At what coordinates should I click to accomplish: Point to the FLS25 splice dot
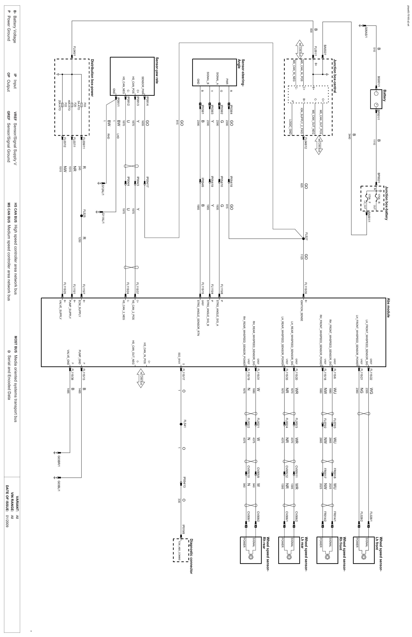81,216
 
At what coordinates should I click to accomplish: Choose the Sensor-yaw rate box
132,76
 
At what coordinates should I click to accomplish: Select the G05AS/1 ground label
366,31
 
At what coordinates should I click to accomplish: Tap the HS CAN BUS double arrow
141,378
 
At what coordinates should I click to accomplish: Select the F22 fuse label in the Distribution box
66,105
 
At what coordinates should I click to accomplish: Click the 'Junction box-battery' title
386,203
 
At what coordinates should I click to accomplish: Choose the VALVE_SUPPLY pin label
60,311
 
